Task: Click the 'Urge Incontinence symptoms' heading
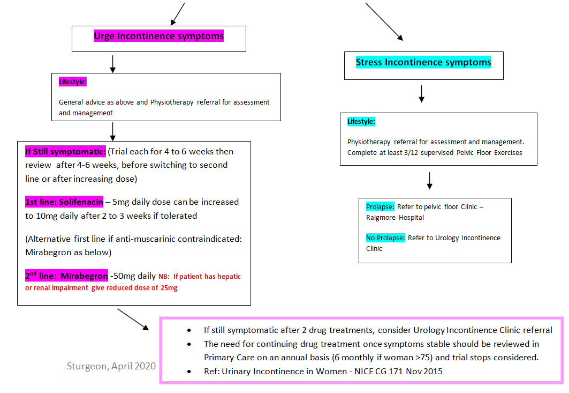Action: coord(158,36)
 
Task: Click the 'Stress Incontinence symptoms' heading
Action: coord(423,63)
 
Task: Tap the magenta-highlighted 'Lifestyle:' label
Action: coord(72,82)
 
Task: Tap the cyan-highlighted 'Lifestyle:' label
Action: coord(361,122)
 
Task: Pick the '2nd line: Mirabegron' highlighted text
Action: coord(66,276)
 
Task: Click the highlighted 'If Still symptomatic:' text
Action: coord(65,152)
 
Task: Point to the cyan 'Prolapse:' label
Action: coord(380,206)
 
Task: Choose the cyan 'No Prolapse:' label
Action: coord(385,238)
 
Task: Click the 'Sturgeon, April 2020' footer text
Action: coord(111,366)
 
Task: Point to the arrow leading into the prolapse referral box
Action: coord(429,181)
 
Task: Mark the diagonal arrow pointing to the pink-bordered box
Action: coord(133,320)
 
